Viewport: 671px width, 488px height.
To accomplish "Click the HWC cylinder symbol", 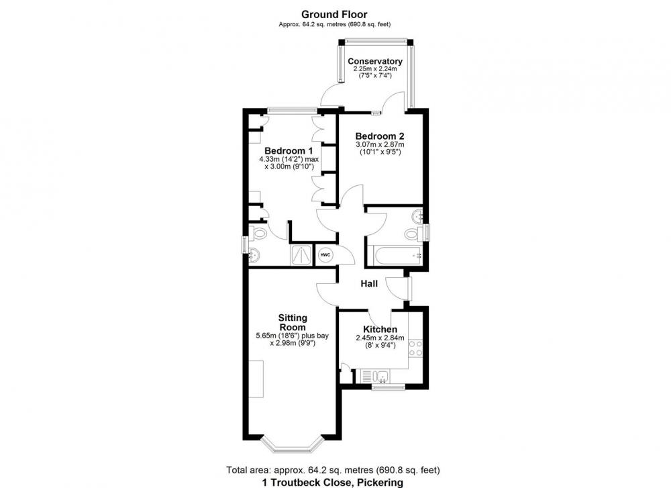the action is [325, 255].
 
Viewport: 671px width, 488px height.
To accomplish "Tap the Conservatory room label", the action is [375, 61].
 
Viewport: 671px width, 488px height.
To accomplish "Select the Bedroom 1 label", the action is [289, 150].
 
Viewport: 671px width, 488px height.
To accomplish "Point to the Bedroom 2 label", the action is [380, 136].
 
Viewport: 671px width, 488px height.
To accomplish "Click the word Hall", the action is [369, 283].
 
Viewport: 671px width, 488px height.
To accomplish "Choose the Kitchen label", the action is [380, 329].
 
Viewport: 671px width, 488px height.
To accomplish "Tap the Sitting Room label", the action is [293, 322].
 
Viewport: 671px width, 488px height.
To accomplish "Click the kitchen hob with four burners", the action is [415, 348].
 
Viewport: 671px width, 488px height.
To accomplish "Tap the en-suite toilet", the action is [259, 234].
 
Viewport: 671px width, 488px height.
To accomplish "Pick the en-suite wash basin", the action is [254, 255].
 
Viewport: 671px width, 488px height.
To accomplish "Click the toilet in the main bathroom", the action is [413, 234].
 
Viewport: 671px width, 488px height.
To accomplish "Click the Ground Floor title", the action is [334, 15].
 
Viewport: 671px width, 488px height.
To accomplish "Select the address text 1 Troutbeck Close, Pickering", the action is [333, 483].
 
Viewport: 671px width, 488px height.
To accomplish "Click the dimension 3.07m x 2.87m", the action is [380, 145].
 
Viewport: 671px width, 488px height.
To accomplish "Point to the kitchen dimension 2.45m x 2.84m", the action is [380, 338].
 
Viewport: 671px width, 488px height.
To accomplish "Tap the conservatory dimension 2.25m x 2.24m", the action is [375, 68].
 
